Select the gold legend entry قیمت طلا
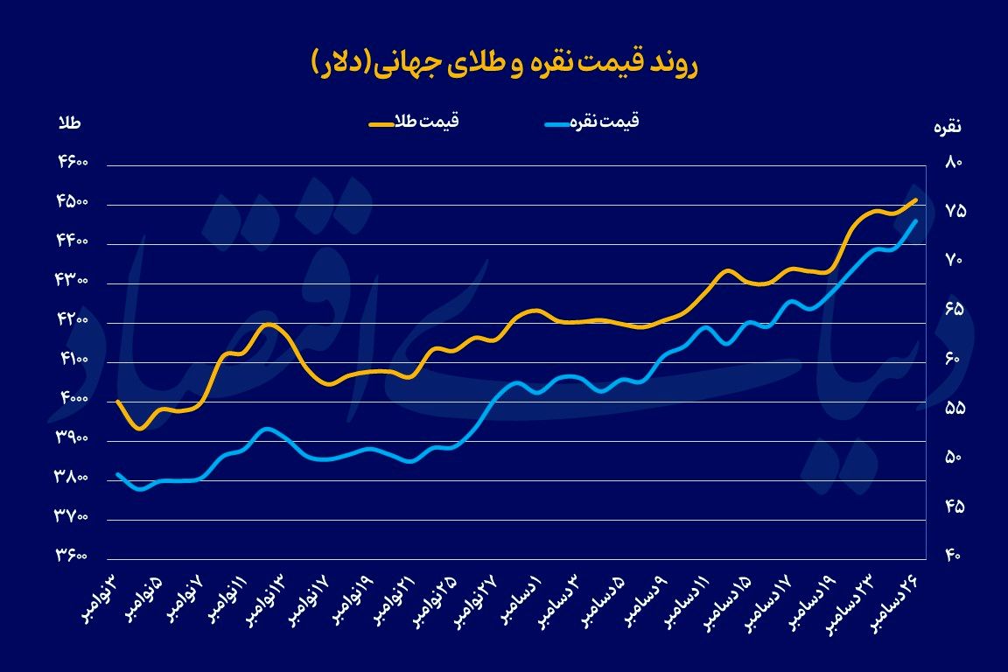coord(413,122)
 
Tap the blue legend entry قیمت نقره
coord(591,122)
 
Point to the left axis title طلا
coord(68,123)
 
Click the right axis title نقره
coord(948,127)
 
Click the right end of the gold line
coord(915,199)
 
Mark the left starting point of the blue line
coord(117,474)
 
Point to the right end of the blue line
coord(915,221)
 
